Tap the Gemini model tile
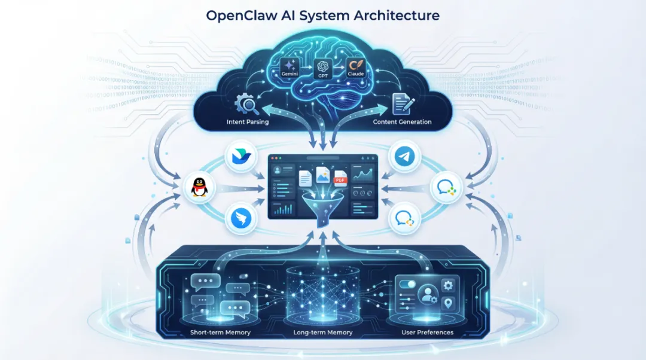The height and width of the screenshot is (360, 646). click(x=290, y=66)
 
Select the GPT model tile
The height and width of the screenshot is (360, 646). click(x=322, y=69)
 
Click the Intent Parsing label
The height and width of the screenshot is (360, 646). click(x=248, y=123)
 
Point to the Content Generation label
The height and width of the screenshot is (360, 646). click(x=402, y=123)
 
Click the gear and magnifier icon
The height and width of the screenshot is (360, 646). click(x=246, y=104)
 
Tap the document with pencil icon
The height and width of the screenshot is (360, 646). click(x=401, y=104)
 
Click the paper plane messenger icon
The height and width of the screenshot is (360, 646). click(x=404, y=157)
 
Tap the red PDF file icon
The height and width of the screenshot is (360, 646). click(x=340, y=178)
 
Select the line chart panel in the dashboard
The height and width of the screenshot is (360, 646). click(x=363, y=175)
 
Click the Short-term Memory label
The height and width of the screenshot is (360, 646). click(x=221, y=332)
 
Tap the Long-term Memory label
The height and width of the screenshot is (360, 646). click(x=323, y=332)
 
